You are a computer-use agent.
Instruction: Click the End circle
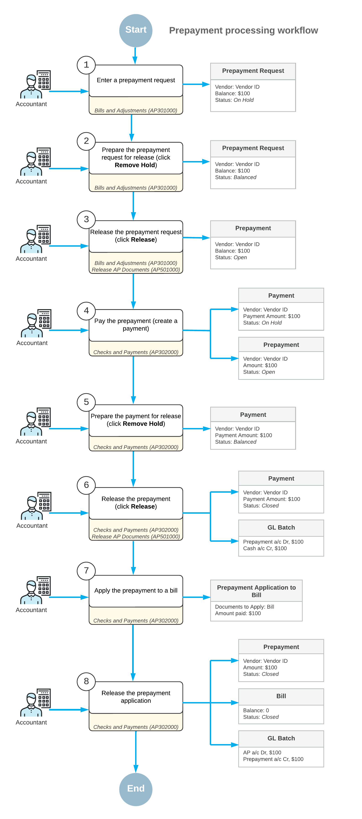tap(136, 789)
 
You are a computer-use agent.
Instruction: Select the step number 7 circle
tap(86, 571)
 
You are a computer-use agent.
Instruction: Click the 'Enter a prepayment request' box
tap(136, 80)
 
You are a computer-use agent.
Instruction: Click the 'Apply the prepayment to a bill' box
tap(136, 591)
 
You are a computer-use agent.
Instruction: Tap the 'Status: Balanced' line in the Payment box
tap(236, 442)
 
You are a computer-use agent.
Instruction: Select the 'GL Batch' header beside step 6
tap(281, 527)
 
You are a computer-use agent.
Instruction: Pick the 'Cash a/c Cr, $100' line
tap(265, 548)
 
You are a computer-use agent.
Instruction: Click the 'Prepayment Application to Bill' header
tap(256, 591)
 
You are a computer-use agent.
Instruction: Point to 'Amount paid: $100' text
tap(238, 613)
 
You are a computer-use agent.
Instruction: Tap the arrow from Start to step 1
tap(135, 56)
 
